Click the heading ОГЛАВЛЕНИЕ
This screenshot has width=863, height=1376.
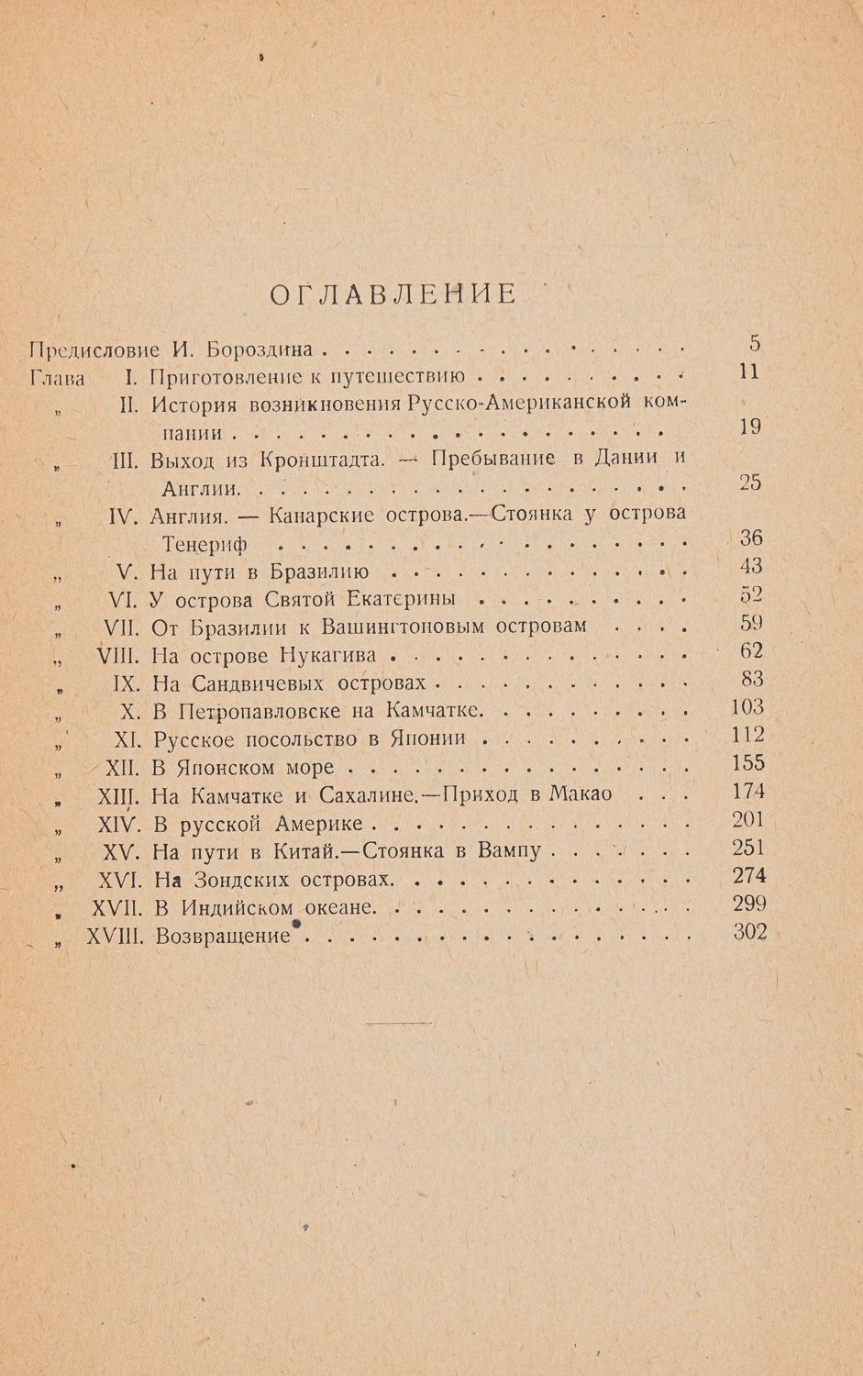[x=394, y=294]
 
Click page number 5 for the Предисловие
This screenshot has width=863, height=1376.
[x=755, y=345]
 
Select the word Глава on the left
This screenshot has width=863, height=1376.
[x=57, y=377]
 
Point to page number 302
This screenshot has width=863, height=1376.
[x=749, y=932]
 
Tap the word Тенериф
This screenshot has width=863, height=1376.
[x=205, y=544]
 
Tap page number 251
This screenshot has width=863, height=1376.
[x=749, y=848]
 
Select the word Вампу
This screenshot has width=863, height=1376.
[x=510, y=852]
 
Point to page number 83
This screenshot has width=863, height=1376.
[x=752, y=680]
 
